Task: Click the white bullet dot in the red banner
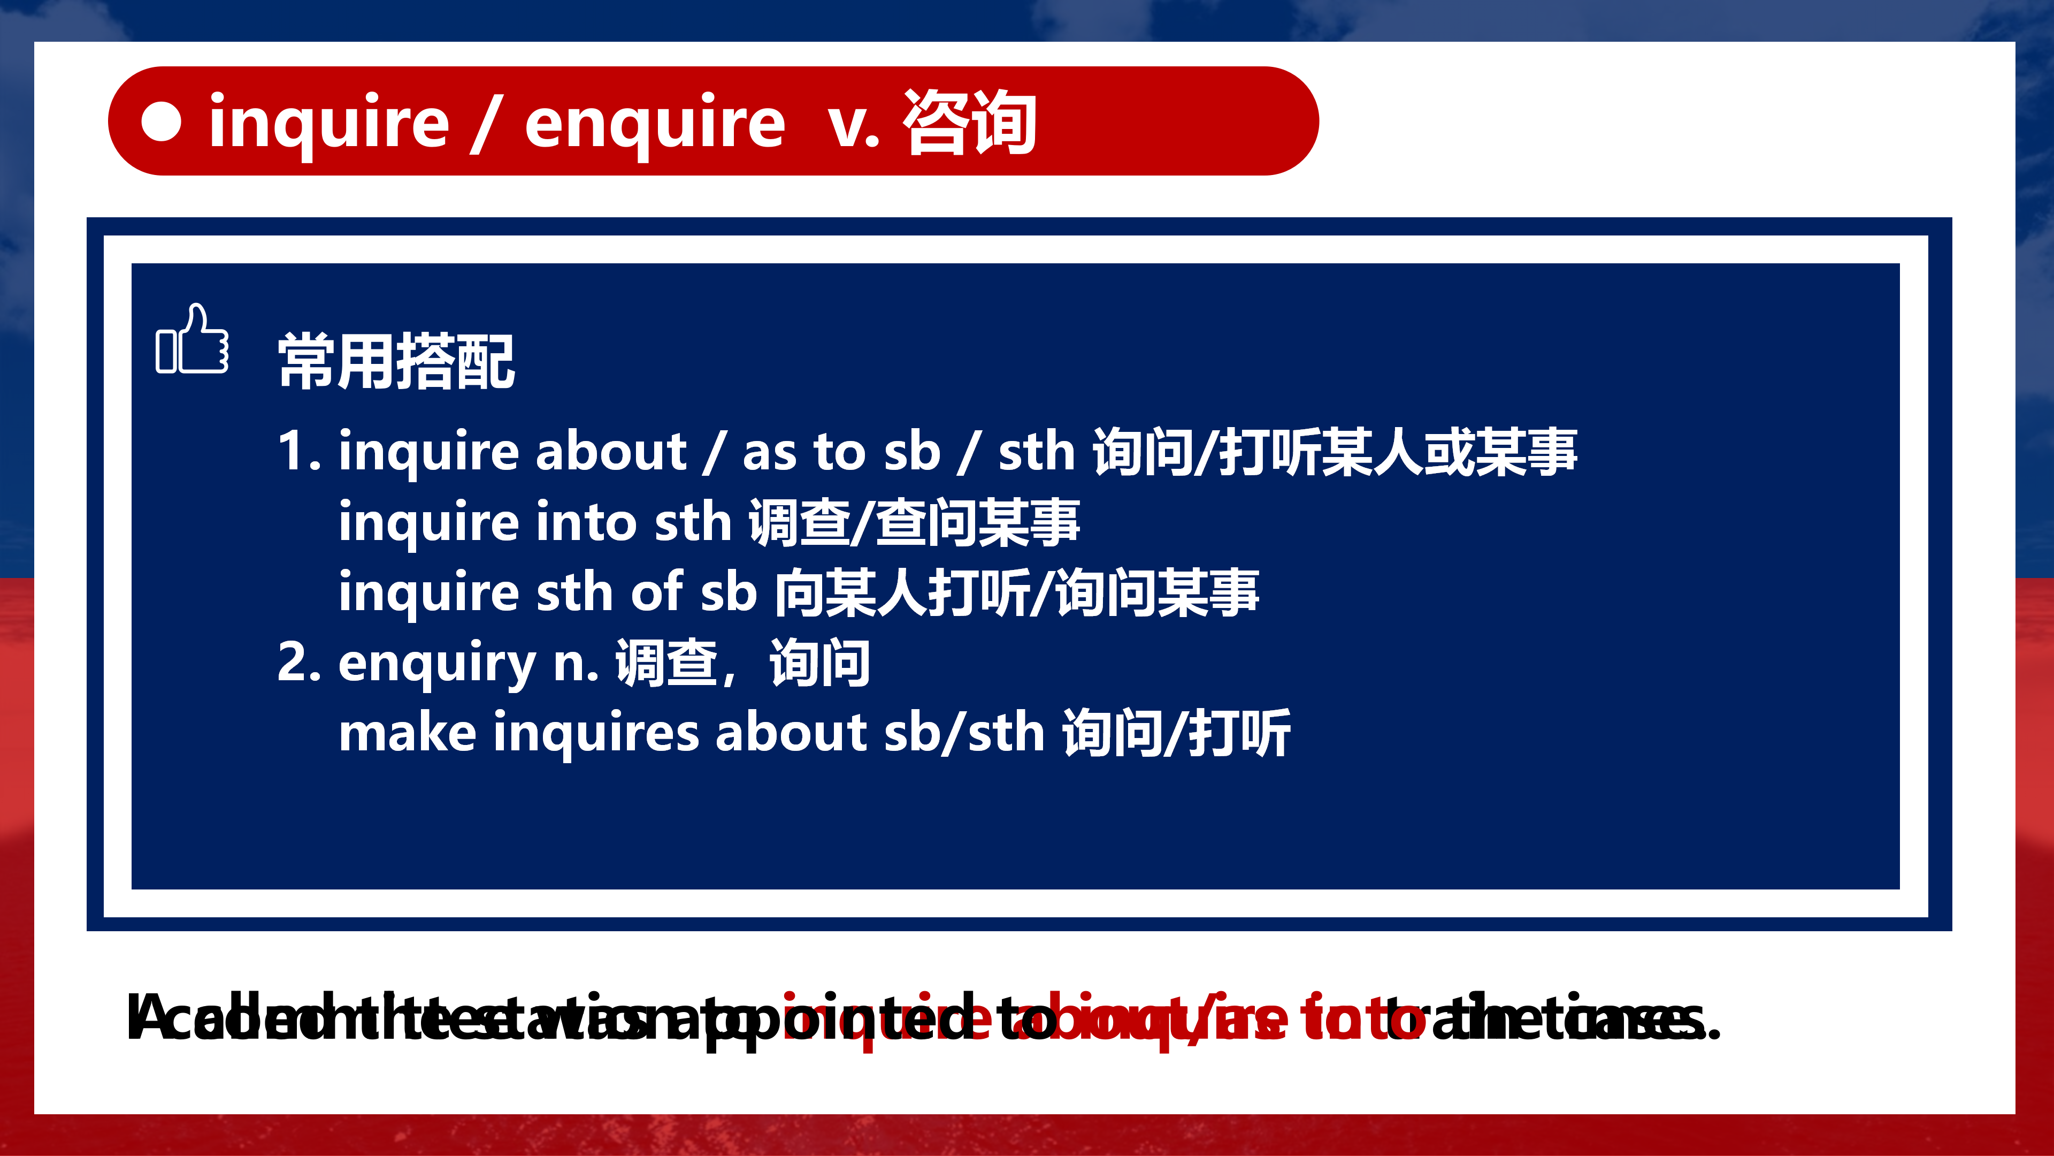162,121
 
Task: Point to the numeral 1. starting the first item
298,452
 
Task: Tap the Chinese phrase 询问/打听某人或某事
1334,452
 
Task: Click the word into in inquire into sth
585,522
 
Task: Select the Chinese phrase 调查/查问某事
914,522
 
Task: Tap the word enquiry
437,664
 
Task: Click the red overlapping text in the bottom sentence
1100,1019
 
